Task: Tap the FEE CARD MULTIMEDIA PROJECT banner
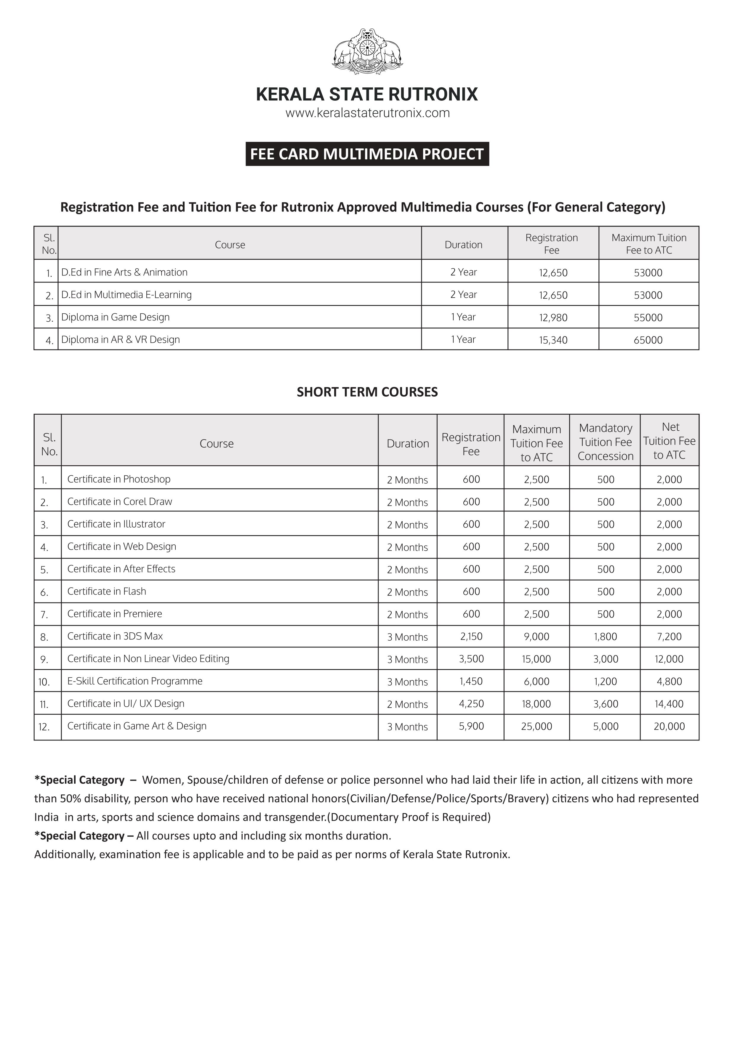[367, 154]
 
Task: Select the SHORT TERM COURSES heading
[367, 392]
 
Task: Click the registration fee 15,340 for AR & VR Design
[553, 340]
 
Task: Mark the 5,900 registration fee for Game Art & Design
[471, 726]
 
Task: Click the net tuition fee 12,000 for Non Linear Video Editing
[669, 659]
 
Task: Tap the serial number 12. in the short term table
[44, 727]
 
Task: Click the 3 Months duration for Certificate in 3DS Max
[407, 637]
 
